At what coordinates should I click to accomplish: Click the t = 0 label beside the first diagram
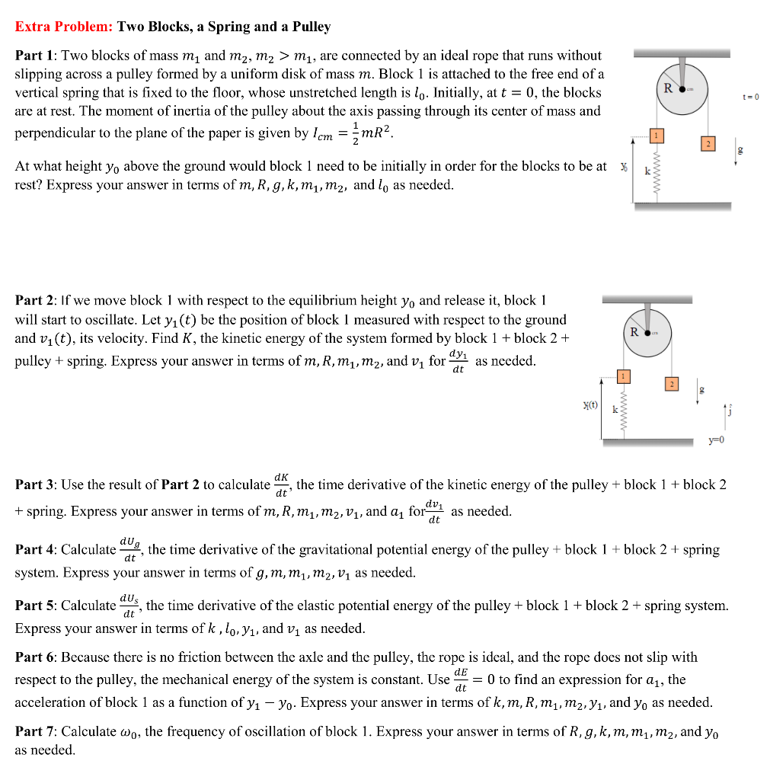pos(751,97)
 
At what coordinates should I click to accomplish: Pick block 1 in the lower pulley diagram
pos(623,376)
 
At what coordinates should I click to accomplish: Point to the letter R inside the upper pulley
pos(667,88)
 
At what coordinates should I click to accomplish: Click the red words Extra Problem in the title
pos(64,27)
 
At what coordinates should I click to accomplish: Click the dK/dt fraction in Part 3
pos(281,484)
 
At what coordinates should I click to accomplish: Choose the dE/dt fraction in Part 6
pos(461,679)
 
